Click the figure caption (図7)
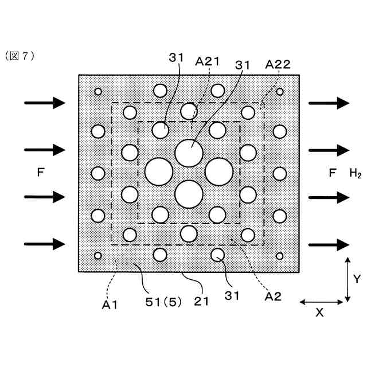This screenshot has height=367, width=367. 20,56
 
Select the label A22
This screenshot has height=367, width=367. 278,65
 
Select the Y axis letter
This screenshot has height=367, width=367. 356,279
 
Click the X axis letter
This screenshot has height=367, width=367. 320,313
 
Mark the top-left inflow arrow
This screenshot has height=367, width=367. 45,103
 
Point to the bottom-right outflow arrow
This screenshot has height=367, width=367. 329,244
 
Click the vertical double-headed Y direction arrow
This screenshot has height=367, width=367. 348,280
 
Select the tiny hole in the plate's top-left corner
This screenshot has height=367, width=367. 98,91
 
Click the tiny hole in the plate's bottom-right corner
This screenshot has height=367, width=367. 280,256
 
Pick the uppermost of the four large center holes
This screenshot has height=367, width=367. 189,152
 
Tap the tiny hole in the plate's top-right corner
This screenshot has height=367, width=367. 280,91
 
